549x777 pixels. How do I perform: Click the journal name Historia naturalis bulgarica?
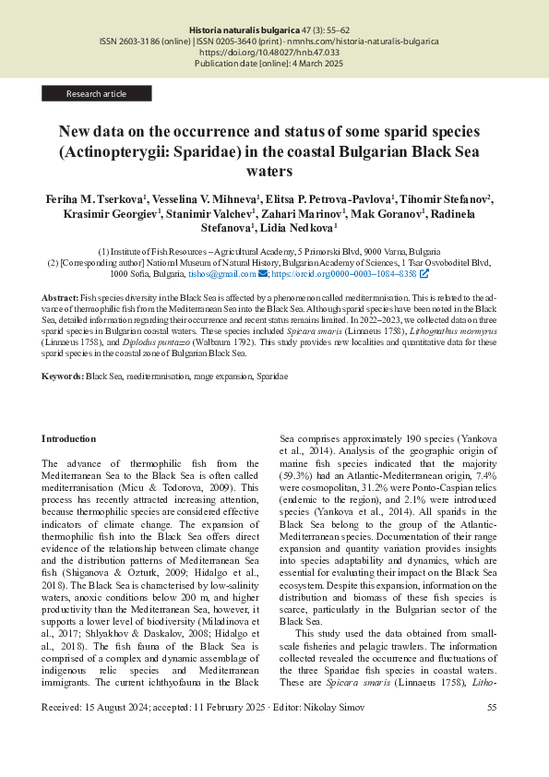pos(244,31)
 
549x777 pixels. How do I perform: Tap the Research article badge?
pos(96,93)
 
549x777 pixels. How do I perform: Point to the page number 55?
pos(492,707)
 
